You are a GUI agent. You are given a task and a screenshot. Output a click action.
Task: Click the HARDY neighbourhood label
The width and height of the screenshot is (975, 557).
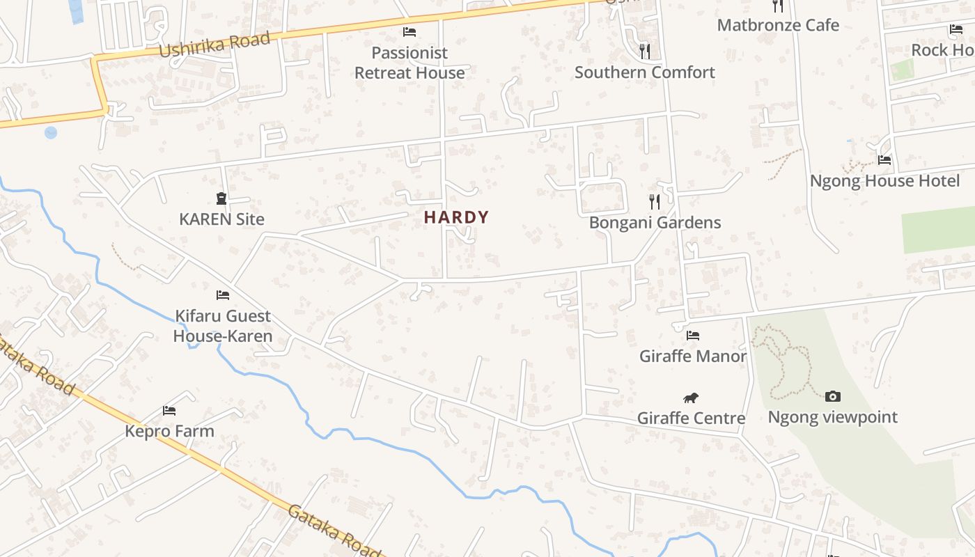tap(456, 217)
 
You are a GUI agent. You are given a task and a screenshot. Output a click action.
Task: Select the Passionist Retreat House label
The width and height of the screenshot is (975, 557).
tap(409, 63)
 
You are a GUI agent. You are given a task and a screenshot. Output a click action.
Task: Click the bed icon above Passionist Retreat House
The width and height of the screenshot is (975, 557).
tap(409, 32)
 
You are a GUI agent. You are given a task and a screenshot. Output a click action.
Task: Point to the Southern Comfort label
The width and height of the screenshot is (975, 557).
tap(645, 72)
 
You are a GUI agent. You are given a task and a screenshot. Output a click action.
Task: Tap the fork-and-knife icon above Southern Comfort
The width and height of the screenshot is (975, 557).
tap(645, 51)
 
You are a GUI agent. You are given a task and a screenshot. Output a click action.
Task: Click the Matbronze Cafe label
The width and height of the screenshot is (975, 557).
tap(778, 26)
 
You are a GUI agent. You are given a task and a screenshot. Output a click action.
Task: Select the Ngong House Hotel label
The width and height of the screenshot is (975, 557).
tap(884, 181)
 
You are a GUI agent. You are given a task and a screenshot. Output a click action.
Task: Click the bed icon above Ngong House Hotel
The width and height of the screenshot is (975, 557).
tap(884, 159)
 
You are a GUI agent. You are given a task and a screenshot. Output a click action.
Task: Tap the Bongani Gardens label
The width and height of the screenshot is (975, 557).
tap(655, 223)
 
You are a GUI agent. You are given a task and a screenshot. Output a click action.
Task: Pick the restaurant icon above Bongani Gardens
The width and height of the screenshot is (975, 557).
tap(655, 202)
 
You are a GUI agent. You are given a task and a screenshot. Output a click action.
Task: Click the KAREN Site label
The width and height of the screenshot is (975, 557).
tap(221, 219)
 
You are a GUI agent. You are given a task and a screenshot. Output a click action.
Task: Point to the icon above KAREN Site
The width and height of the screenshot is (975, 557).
tap(221, 199)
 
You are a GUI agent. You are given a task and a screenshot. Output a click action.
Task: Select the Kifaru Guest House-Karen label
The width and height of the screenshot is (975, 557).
tap(223, 327)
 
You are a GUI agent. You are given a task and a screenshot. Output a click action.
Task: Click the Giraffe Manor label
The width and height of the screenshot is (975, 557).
tap(693, 356)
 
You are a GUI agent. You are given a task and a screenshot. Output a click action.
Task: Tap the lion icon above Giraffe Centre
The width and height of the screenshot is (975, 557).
tap(691, 398)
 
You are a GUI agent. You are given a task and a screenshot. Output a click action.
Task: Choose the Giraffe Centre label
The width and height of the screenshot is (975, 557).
tap(691, 418)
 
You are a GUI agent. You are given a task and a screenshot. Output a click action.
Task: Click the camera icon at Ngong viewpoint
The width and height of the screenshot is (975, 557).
tap(833, 397)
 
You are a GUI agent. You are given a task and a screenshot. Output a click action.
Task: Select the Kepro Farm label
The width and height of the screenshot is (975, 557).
tap(169, 432)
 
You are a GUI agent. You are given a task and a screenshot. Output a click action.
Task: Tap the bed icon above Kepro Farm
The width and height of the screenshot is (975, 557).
tap(169, 411)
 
